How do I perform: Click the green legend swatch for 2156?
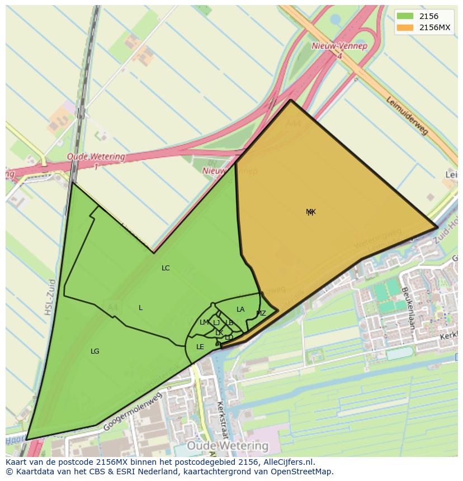pyautogui.click(x=405, y=17)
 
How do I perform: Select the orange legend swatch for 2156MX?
pyautogui.click(x=405, y=28)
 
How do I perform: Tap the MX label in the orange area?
pyautogui.click(x=311, y=212)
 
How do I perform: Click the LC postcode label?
pyautogui.click(x=166, y=268)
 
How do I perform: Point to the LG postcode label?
pyautogui.click(x=95, y=351)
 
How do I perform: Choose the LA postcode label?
pyautogui.click(x=240, y=309)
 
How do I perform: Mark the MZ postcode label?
pyautogui.click(x=261, y=313)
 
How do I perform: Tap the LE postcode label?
pyautogui.click(x=200, y=347)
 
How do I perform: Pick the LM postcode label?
pyautogui.click(x=204, y=322)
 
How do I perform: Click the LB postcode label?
pyautogui.click(x=229, y=323)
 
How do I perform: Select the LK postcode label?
pyautogui.click(x=219, y=333)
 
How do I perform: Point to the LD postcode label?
pyautogui.click(x=229, y=337)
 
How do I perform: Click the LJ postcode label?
pyautogui.click(x=216, y=323)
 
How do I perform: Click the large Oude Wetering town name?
pyautogui.click(x=228, y=446)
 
